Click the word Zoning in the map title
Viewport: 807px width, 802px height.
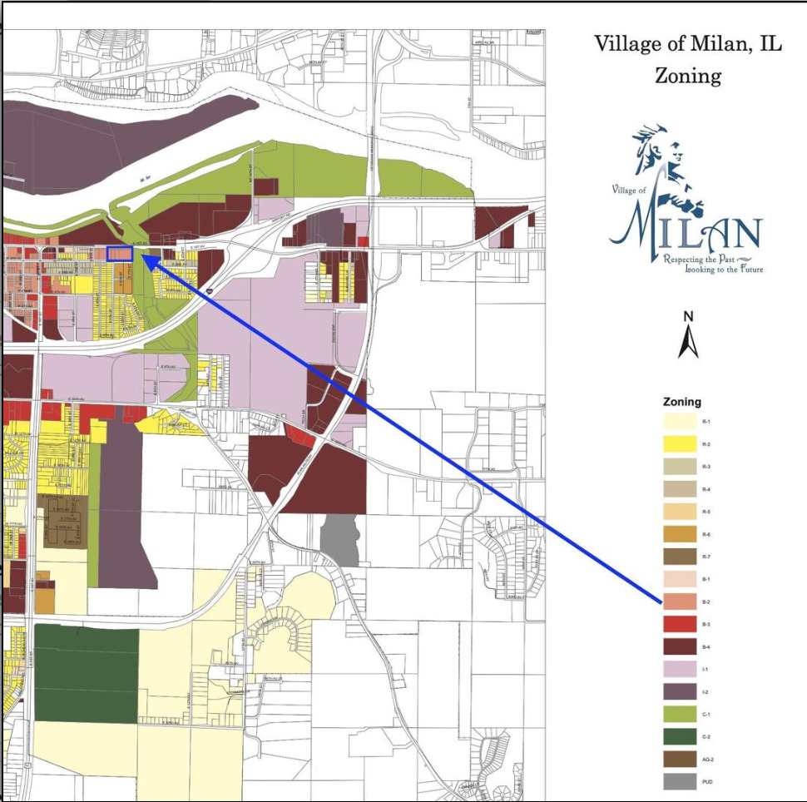pyautogui.click(x=687, y=77)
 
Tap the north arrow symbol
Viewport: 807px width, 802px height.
pyautogui.click(x=688, y=342)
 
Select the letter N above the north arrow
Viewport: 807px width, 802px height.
pyautogui.click(x=688, y=316)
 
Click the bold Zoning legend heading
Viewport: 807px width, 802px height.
pyautogui.click(x=681, y=402)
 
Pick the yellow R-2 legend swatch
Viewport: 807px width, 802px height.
pyautogui.click(x=679, y=444)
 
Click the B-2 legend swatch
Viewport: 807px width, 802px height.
pyautogui.click(x=679, y=601)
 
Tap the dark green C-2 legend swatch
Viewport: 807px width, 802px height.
pyautogui.click(x=679, y=736)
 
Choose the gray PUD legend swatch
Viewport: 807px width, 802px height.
pyautogui.click(x=679, y=781)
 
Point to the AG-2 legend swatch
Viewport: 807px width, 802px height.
pyautogui.click(x=679, y=759)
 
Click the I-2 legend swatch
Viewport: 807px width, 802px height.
pyautogui.click(x=679, y=691)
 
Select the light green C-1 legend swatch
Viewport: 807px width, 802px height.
pyautogui.click(x=679, y=714)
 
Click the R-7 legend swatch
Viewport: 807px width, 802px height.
pyautogui.click(x=679, y=557)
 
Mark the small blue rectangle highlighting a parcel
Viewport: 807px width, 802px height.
pyautogui.click(x=120, y=254)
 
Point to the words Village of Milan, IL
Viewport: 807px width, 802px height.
pyautogui.click(x=687, y=45)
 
